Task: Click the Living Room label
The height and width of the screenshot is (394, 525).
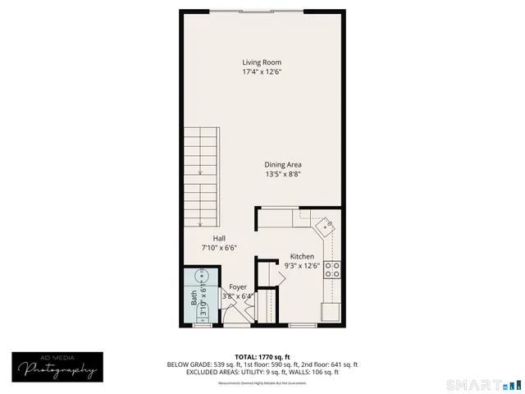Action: (x=262, y=62)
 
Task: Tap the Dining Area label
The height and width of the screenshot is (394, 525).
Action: (x=282, y=165)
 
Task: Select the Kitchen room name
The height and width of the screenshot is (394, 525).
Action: (x=302, y=256)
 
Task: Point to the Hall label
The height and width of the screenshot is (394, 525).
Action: (x=219, y=238)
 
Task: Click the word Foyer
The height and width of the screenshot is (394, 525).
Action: (x=238, y=286)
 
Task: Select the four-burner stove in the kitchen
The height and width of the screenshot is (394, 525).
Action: (x=333, y=270)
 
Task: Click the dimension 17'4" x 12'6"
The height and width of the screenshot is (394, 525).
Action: (x=262, y=72)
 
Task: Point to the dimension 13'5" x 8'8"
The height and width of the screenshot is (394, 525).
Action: (x=282, y=174)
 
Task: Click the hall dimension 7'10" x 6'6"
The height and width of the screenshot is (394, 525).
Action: (x=219, y=247)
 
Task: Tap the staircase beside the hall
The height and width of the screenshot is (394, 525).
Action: (x=200, y=176)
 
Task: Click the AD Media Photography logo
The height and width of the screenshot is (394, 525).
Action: (x=57, y=365)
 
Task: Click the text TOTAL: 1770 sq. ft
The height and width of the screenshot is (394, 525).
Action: (x=262, y=357)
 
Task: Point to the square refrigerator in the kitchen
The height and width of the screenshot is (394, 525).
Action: (x=331, y=312)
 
